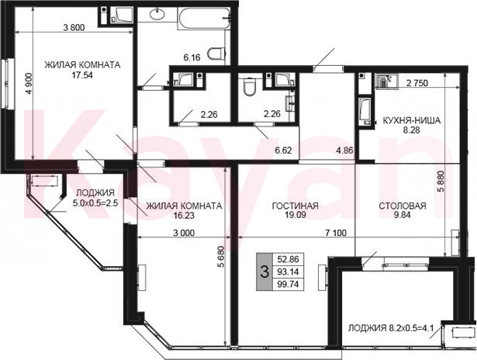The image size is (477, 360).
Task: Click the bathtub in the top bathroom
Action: (x=203, y=19)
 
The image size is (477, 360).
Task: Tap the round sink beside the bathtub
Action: (x=157, y=14)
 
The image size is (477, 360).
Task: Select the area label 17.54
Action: (x=82, y=74)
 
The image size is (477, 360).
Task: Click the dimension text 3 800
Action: (x=74, y=28)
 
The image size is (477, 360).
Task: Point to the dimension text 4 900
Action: (x=29, y=84)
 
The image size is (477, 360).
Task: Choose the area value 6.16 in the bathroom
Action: (x=192, y=57)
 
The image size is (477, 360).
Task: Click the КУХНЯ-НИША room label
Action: (x=411, y=121)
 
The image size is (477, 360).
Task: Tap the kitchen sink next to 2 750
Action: (x=386, y=81)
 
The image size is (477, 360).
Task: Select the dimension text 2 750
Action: (x=417, y=83)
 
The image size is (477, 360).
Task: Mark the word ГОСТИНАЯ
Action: (x=295, y=206)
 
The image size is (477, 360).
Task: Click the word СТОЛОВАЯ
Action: (x=403, y=206)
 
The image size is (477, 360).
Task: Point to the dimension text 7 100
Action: (x=336, y=233)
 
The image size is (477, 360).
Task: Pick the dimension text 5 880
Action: (x=442, y=182)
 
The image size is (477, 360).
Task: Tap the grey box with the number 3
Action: (x=265, y=272)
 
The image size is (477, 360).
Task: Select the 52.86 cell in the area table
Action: (x=288, y=259)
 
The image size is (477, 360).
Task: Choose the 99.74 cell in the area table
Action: (x=288, y=284)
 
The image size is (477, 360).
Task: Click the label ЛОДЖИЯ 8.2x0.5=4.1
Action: (x=391, y=328)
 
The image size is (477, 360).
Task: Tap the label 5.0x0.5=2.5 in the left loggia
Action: (x=95, y=202)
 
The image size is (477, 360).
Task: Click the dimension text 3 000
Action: (x=184, y=233)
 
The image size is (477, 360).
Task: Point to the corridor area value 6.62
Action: (x=283, y=151)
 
